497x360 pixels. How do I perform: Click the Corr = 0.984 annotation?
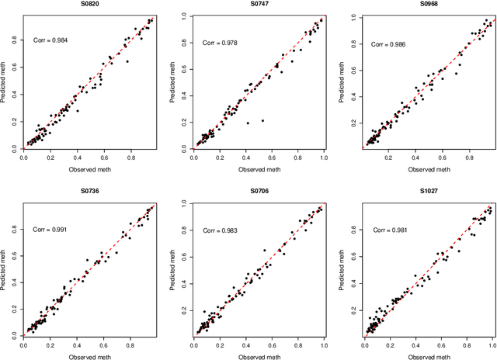50,40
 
